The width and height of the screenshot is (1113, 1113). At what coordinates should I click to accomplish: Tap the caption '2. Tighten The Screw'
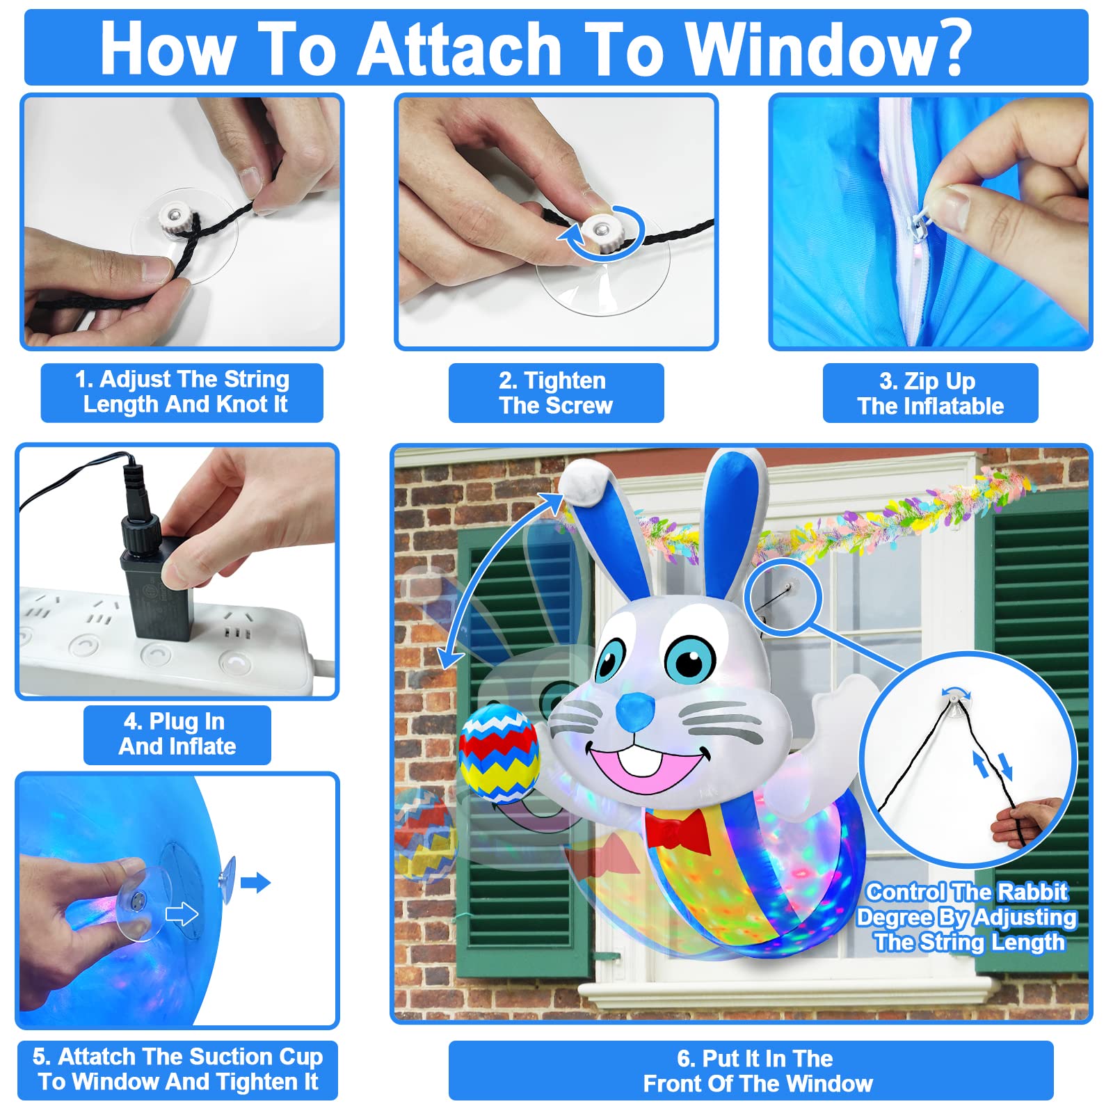tap(556, 393)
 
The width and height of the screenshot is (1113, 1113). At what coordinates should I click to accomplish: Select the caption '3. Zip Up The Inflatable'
tap(930, 394)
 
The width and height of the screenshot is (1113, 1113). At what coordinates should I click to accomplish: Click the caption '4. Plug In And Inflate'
tap(177, 734)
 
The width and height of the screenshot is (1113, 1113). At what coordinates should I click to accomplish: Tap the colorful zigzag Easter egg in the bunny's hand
tap(498, 753)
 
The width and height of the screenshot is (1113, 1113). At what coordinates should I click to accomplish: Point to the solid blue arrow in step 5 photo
tap(255, 883)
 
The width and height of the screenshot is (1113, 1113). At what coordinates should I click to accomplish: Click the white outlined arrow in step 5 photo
tap(182, 914)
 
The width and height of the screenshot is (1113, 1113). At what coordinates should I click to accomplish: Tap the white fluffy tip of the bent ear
tap(586, 481)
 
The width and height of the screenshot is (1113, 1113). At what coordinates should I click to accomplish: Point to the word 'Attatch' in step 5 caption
tap(97, 1057)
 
